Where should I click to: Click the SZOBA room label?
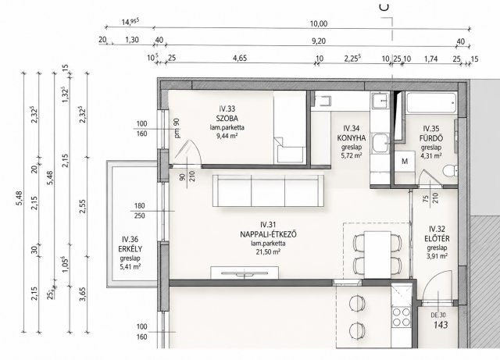click(227, 118)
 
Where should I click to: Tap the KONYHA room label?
click(352, 138)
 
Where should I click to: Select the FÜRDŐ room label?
click(431, 138)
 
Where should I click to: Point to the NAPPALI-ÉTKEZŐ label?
click(268, 234)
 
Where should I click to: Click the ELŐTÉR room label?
click(437, 238)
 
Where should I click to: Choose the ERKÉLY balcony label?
click(130, 249)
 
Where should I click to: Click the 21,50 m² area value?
click(268, 252)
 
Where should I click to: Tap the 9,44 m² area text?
click(227, 136)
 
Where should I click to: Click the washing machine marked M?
click(405, 162)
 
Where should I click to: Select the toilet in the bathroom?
click(450, 170)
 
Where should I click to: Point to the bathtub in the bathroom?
click(431, 102)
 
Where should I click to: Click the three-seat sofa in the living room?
click(268, 191)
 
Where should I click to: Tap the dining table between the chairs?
click(377, 255)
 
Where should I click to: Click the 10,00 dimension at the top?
click(319, 23)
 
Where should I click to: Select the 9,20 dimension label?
click(319, 41)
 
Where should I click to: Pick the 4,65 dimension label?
click(240, 59)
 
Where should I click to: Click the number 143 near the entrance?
click(441, 325)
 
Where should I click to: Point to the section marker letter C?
click(385, 7)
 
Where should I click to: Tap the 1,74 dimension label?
click(430, 59)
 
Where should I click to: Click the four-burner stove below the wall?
click(401, 316)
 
